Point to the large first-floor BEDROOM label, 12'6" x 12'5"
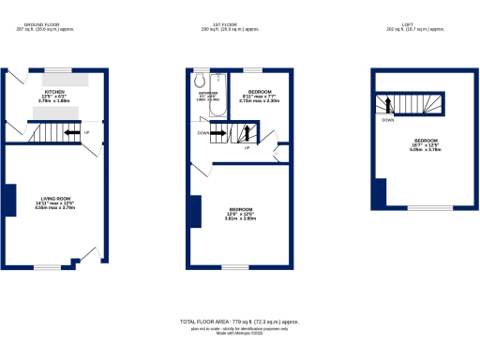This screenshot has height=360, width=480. pyautogui.click(x=240, y=212)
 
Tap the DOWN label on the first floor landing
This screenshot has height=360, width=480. pyautogui.click(x=203, y=133)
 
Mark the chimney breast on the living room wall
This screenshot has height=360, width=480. pyautogui.click(x=9, y=200)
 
